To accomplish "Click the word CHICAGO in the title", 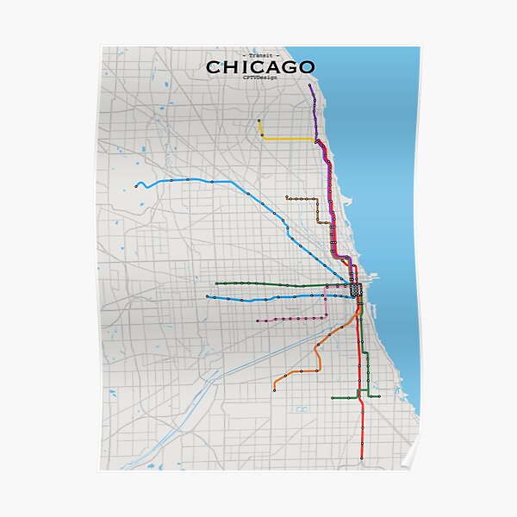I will pyautogui.click(x=260, y=67).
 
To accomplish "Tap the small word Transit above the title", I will pyautogui.click(x=260, y=55).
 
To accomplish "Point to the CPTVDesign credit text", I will pyautogui.click(x=260, y=78).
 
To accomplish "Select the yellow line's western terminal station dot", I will pyautogui.click(x=259, y=121).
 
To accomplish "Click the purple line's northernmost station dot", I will pyautogui.click(x=310, y=86).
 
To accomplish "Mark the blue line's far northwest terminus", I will pyautogui.click(x=136, y=184).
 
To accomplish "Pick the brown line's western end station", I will pyautogui.click(x=287, y=198).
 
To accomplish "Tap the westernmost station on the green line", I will pyautogui.click(x=216, y=283).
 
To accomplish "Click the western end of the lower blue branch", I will pyautogui.click(x=207, y=296).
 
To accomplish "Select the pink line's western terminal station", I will pyautogui.click(x=256, y=321).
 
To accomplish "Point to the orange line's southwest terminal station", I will pyautogui.click(x=274, y=389).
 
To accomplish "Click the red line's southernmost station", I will pyautogui.click(x=362, y=458).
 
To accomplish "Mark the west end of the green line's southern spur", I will pyautogui.click(x=333, y=397).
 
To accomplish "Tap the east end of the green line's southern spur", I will pyautogui.click(x=379, y=396).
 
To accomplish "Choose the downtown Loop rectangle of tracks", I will pyautogui.click(x=358, y=291).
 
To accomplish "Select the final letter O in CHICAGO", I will pyautogui.click(x=306, y=67).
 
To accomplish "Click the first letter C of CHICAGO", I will pyautogui.click(x=213, y=67).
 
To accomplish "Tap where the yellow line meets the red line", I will pyautogui.click(x=316, y=140).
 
